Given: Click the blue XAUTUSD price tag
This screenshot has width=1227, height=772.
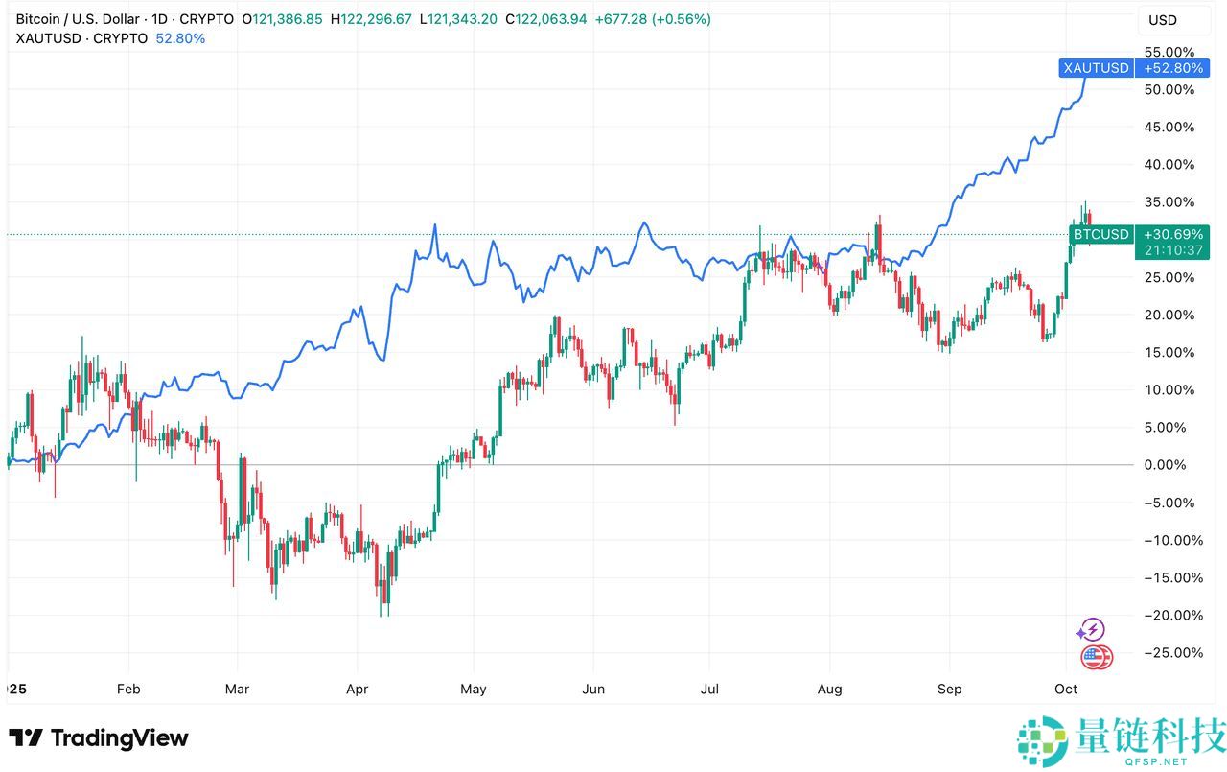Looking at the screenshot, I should [1095, 68].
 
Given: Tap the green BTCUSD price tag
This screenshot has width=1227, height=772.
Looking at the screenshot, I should [1100, 234].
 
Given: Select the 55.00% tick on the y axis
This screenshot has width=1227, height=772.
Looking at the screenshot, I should [1170, 52].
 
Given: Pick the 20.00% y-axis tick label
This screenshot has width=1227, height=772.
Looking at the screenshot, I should [1170, 315].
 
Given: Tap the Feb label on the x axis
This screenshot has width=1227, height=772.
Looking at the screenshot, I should [127, 689].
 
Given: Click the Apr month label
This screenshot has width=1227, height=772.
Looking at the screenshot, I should [357, 689].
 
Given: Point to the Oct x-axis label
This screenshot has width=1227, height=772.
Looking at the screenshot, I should [1066, 689].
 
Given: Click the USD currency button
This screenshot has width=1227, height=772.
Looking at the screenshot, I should [1163, 20].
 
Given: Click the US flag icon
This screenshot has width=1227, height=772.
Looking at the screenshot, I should [1095, 657].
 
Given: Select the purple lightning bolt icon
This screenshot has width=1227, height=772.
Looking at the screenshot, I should [1091, 630].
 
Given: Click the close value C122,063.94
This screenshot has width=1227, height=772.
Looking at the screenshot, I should [560, 19].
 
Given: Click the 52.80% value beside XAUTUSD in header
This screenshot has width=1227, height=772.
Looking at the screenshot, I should [180, 38].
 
